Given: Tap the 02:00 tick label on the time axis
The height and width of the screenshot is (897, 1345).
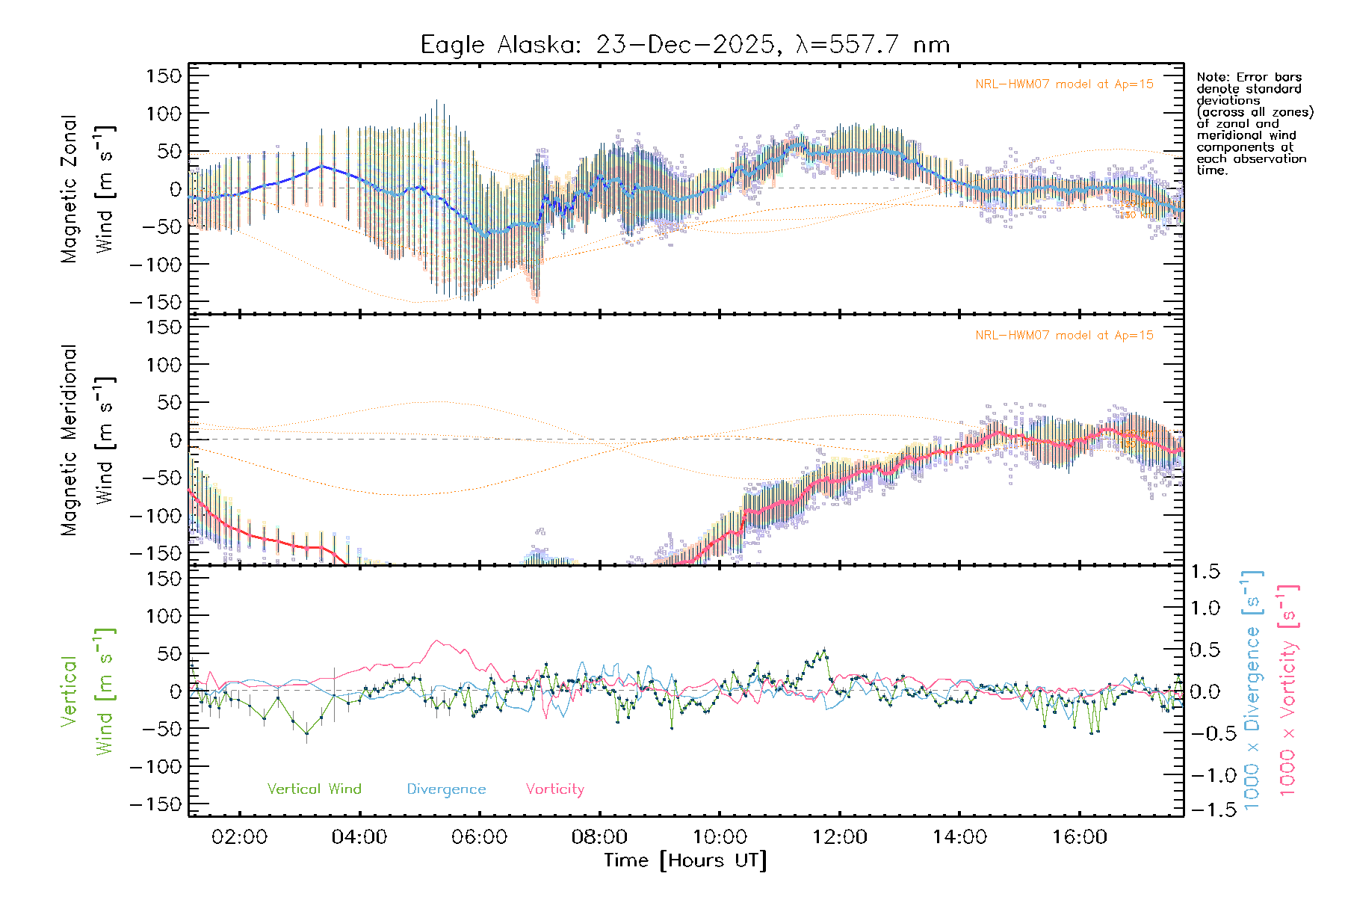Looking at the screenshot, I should [239, 837].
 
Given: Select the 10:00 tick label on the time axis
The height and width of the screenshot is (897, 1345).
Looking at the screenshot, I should [720, 837].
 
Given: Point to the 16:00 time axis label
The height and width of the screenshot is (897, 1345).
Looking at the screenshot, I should [1080, 837].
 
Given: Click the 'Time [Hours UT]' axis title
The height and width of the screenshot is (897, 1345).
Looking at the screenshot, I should [685, 860].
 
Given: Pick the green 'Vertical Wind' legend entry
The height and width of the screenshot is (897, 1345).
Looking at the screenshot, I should [314, 789].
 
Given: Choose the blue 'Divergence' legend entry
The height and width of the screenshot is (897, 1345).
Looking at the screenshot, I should [446, 789].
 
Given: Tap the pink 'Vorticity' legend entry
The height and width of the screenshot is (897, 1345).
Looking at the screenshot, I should [554, 789].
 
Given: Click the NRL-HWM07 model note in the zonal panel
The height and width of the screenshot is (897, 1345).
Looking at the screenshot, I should [1064, 84].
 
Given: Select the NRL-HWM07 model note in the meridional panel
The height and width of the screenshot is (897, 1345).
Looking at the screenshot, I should [1064, 336].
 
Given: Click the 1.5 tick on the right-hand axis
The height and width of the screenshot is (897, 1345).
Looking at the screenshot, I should [1205, 572].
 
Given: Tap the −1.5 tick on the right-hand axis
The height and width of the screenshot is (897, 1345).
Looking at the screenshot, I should [1205, 810].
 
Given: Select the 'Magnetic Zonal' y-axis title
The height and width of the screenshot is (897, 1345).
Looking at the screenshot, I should [69, 188].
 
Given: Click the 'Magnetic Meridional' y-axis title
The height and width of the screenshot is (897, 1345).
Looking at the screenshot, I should [69, 440].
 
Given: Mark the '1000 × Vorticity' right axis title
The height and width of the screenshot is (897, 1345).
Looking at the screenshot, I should [1288, 689].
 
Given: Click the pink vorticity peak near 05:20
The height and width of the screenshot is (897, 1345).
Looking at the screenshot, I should [437, 641].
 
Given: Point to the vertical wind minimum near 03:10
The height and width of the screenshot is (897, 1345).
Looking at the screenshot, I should [306, 734].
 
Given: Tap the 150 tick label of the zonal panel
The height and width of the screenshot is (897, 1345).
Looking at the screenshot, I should [164, 75].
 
